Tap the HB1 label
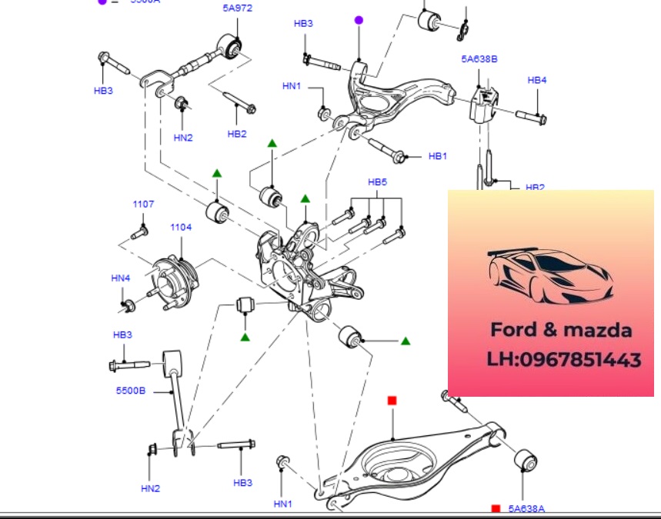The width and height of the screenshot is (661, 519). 437,156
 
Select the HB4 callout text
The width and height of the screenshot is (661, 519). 536,80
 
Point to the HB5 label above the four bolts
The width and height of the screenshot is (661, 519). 377,182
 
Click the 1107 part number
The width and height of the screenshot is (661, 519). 143,205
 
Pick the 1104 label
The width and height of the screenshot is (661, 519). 181,228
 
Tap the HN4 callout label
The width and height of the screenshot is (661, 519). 121,278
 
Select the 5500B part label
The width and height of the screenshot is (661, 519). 131,391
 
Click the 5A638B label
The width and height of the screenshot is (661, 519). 479,58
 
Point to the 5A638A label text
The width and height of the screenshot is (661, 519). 526,508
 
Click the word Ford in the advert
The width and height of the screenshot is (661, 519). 515,330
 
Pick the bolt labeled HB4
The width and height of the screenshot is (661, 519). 530,118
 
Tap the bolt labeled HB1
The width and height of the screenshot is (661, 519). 388,150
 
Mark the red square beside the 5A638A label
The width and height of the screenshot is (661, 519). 496,508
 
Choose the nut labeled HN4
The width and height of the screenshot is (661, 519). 128,307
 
